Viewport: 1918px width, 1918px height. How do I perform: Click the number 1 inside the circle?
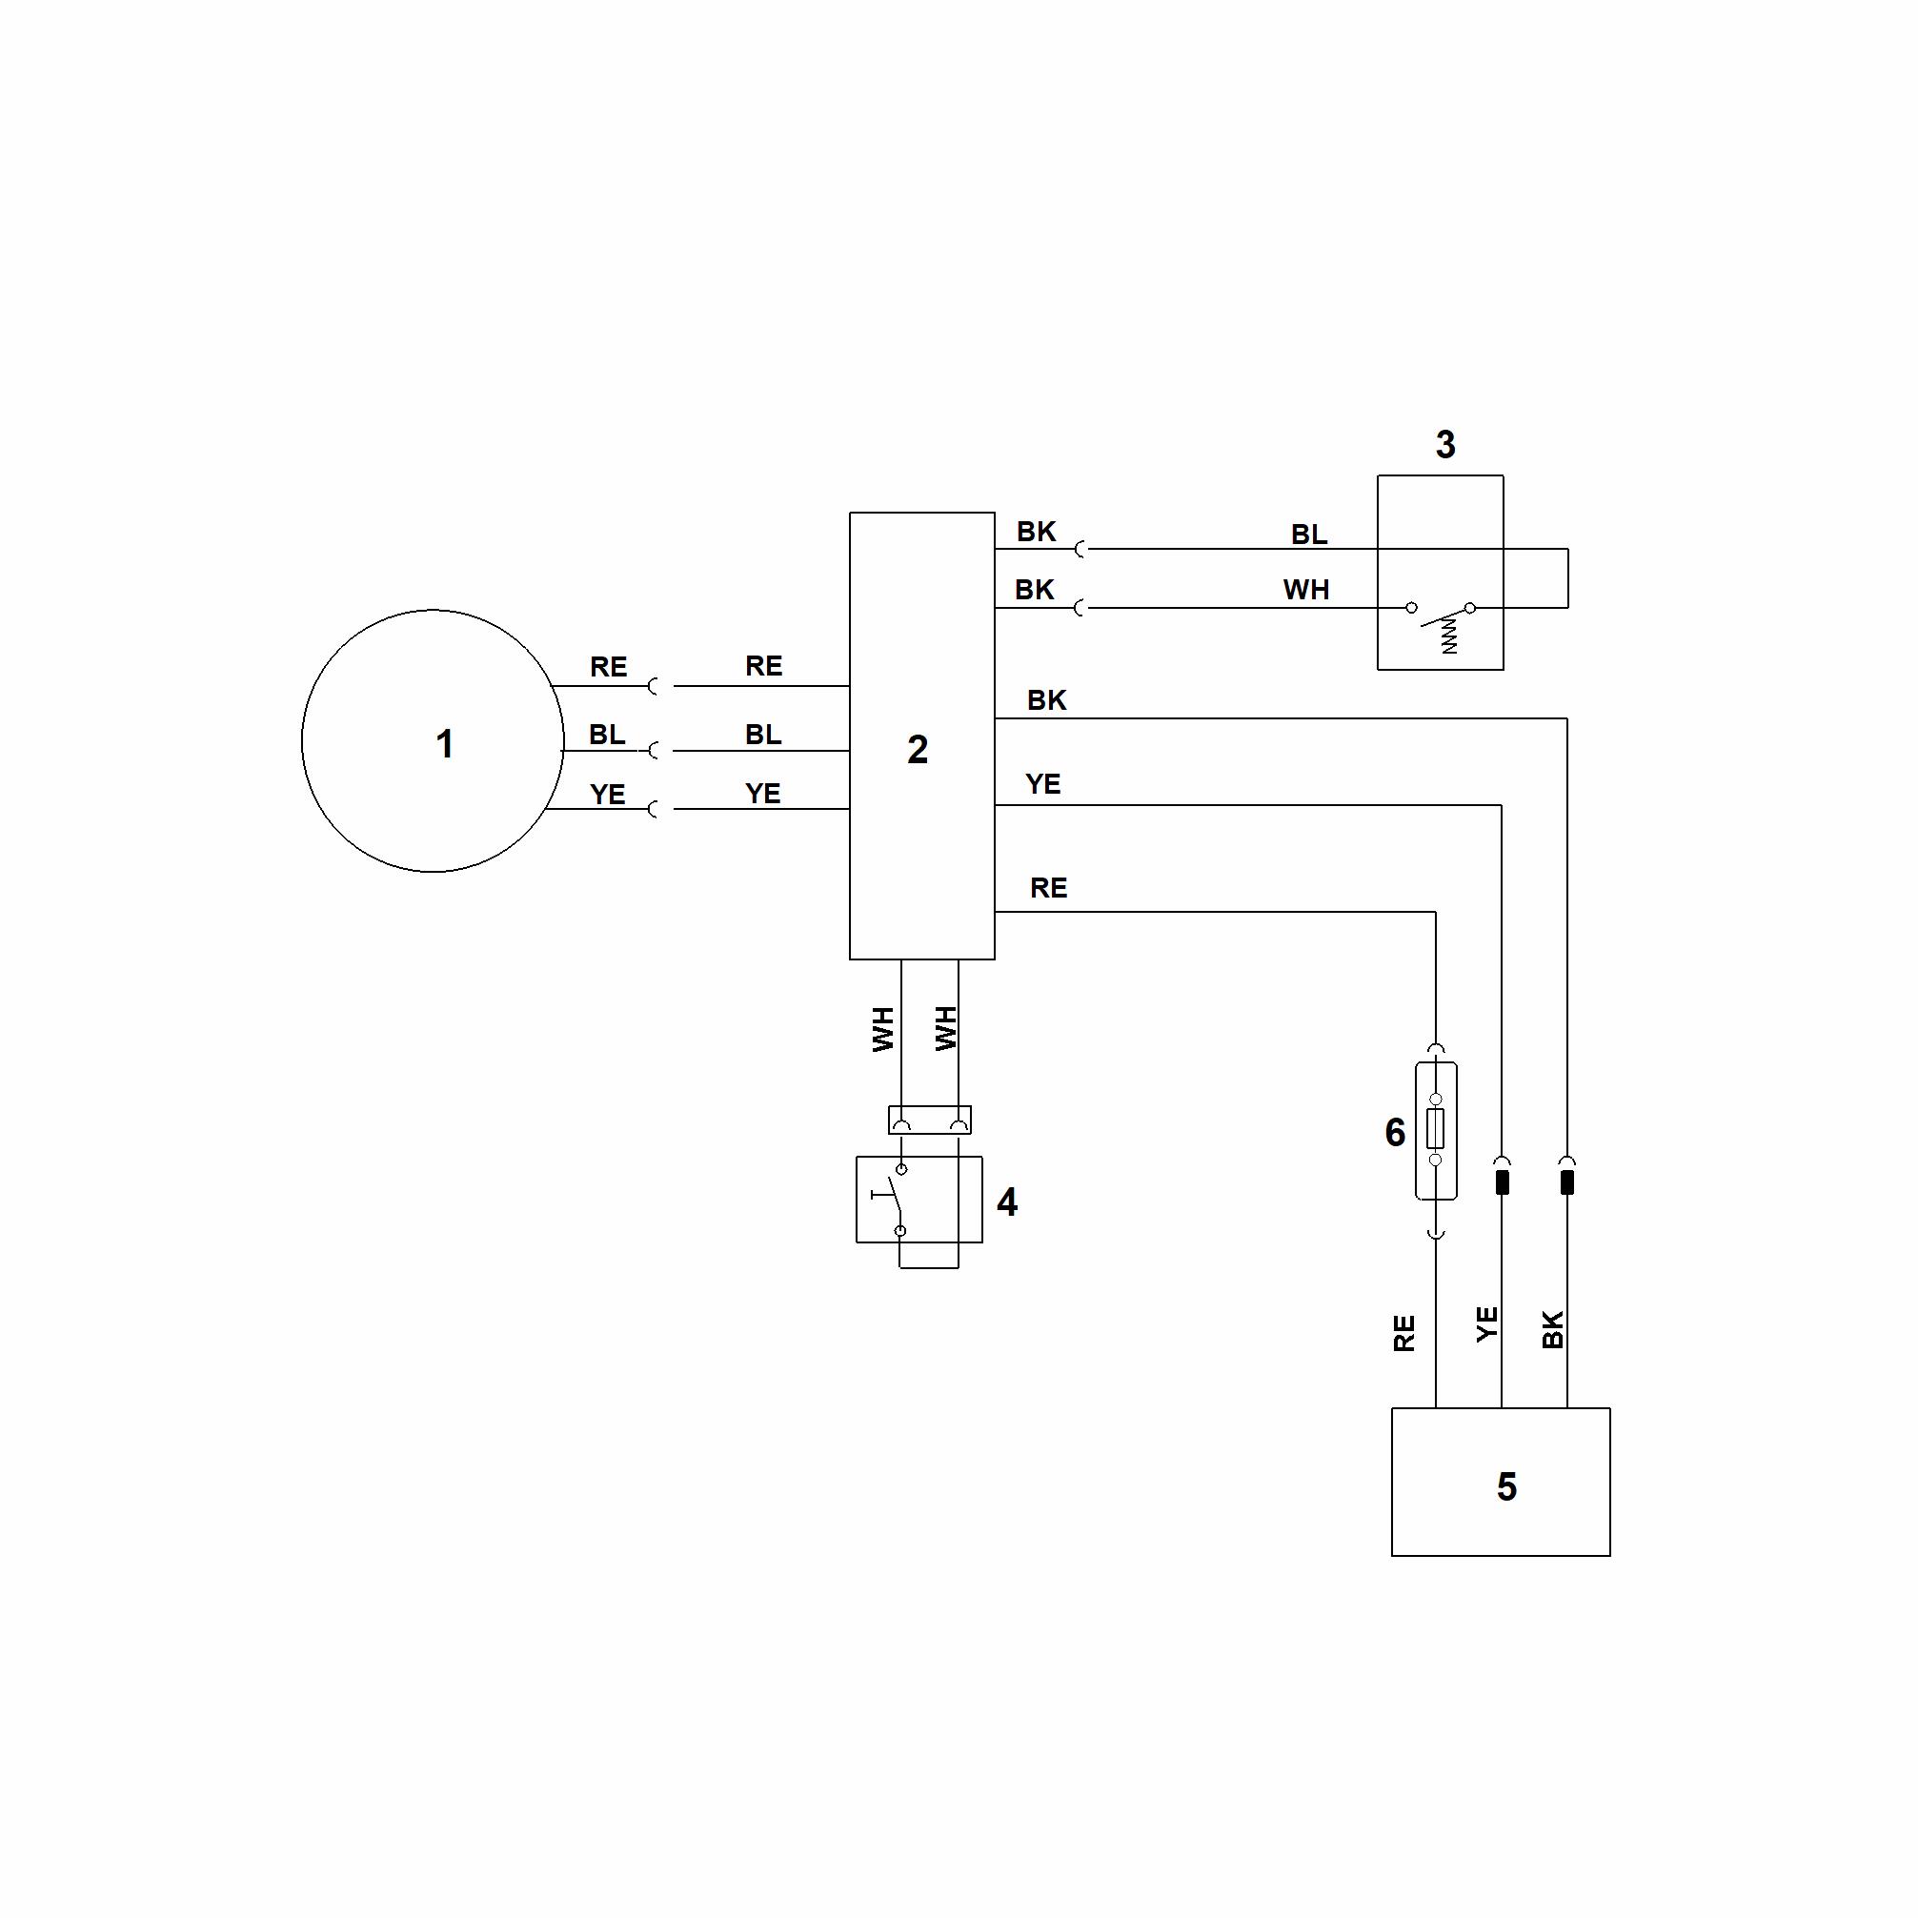pos(445,743)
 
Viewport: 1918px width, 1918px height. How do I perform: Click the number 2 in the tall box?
pos(918,750)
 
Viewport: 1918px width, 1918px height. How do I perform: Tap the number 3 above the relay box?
pos(1445,445)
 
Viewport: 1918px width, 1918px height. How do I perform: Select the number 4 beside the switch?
pos(1007,1202)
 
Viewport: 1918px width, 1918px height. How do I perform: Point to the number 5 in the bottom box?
pos(1506,1486)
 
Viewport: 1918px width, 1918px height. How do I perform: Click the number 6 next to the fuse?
pos(1395,1132)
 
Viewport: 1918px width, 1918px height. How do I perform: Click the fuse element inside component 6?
pos(1436,1129)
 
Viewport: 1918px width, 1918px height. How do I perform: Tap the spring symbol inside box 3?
pos(1449,636)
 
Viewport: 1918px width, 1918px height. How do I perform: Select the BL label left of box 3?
pos(1308,535)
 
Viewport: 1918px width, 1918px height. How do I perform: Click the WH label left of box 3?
pos(1305,590)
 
